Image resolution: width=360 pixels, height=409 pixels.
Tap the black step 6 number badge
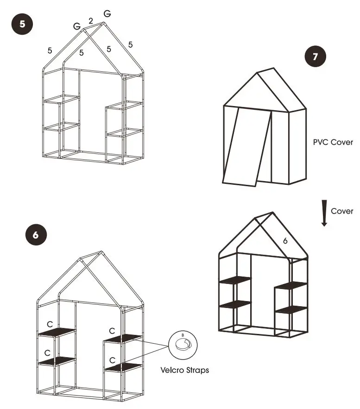(x=36, y=235)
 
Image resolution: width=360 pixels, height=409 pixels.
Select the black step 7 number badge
(x=316, y=57)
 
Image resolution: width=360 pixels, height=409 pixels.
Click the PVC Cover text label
(x=333, y=142)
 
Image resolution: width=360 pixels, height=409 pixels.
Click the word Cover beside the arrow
(x=342, y=211)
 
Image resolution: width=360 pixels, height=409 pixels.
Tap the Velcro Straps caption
(x=184, y=370)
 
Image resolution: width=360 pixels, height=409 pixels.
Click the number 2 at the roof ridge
(x=91, y=21)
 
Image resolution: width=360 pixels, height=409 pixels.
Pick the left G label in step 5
(x=77, y=26)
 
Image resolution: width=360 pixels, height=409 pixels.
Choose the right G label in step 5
(x=107, y=14)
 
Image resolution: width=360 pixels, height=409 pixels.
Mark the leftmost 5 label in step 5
(x=50, y=50)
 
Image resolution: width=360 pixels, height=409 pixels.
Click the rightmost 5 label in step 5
(x=131, y=44)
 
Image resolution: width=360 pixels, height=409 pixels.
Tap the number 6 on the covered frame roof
(x=285, y=241)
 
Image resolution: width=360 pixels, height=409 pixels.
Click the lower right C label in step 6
(x=112, y=360)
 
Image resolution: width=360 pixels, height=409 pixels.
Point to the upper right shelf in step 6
(x=122, y=339)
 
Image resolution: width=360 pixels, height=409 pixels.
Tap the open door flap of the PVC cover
(x=246, y=146)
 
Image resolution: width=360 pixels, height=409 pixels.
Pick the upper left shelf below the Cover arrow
(x=235, y=280)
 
